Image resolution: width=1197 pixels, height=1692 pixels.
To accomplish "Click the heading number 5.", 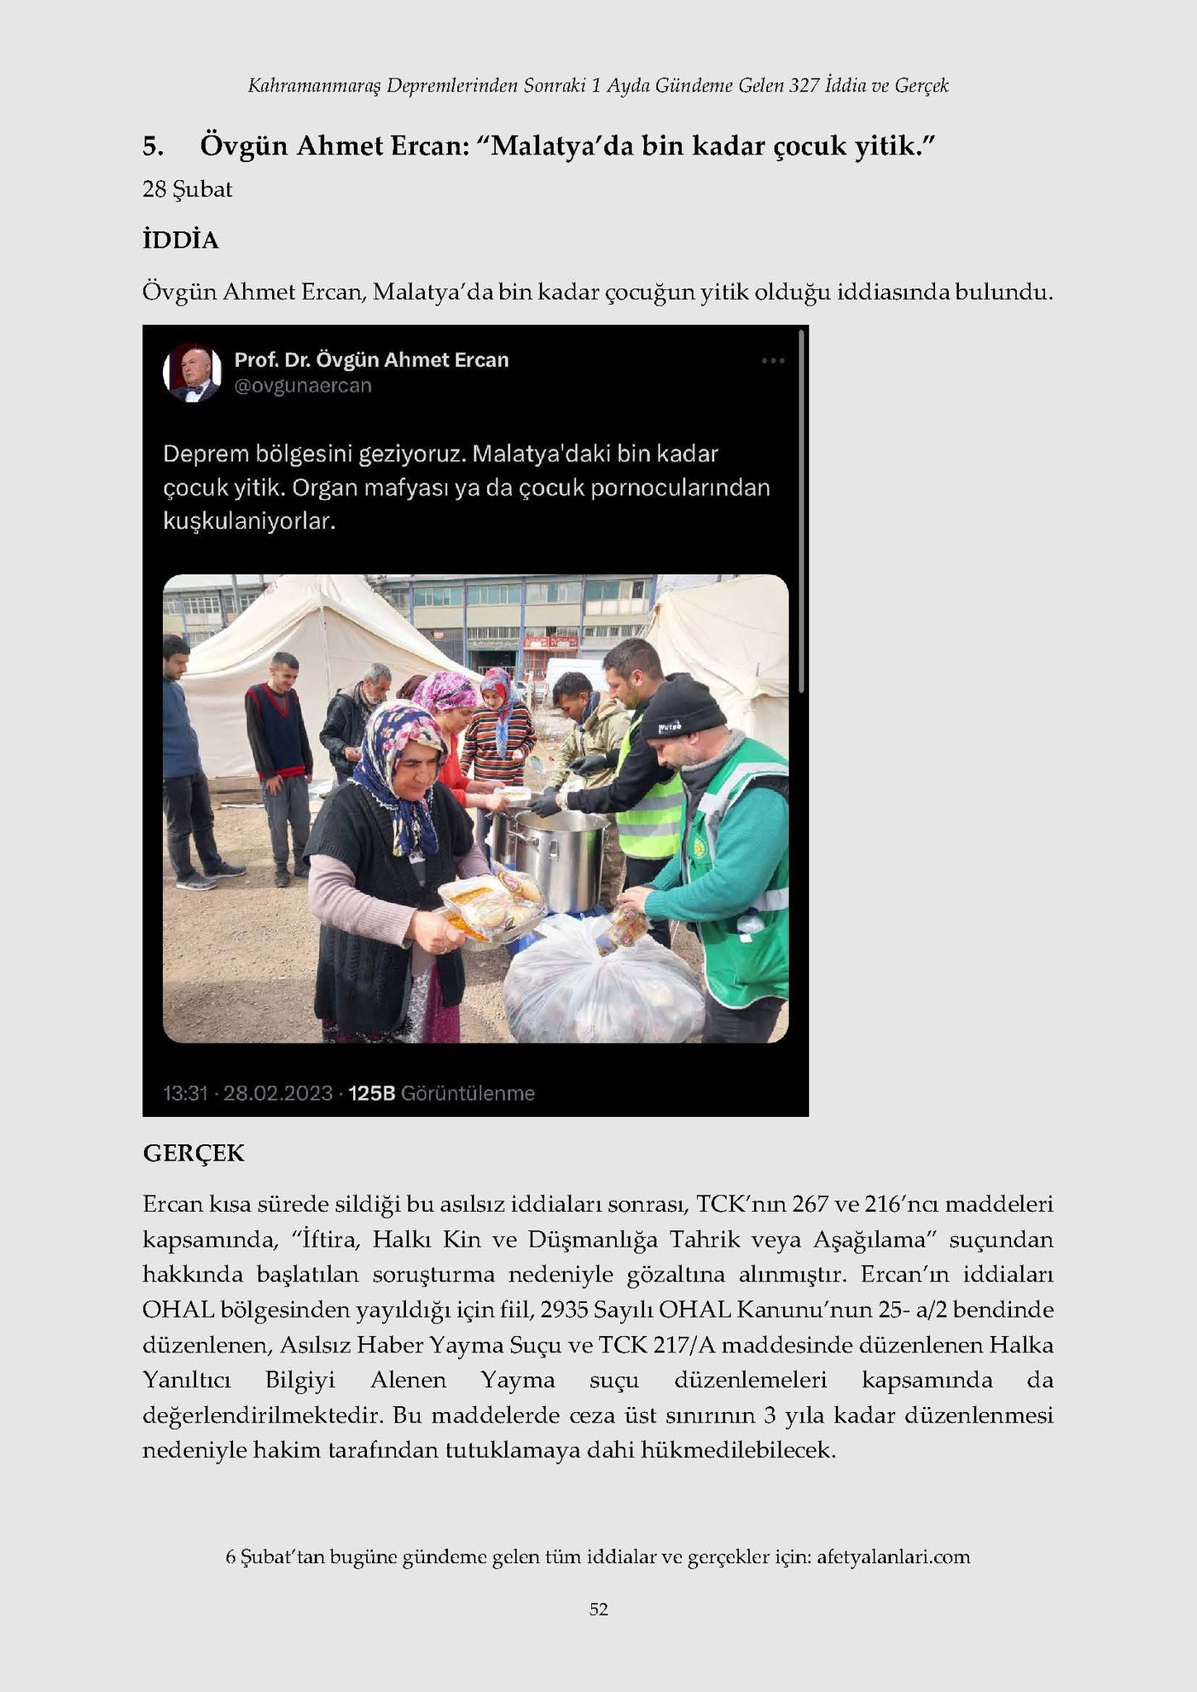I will (x=152, y=147).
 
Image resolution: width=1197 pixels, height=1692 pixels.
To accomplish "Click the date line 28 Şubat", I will (x=187, y=190).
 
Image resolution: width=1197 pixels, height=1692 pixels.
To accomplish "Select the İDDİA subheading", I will (x=180, y=240).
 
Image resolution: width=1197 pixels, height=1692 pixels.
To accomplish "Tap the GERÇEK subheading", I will (x=193, y=1153).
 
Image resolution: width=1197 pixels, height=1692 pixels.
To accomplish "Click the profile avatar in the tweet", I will (x=193, y=373).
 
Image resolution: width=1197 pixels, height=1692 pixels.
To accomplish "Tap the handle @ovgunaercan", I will (x=303, y=386).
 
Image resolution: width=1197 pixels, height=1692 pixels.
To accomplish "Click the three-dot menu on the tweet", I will (x=772, y=361).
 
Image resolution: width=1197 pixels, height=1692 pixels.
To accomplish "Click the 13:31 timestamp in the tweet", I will (x=185, y=1094).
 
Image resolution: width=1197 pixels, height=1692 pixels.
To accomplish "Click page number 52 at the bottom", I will (x=598, y=1609).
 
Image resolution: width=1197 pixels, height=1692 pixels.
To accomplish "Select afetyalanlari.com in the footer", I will (x=893, y=1557).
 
